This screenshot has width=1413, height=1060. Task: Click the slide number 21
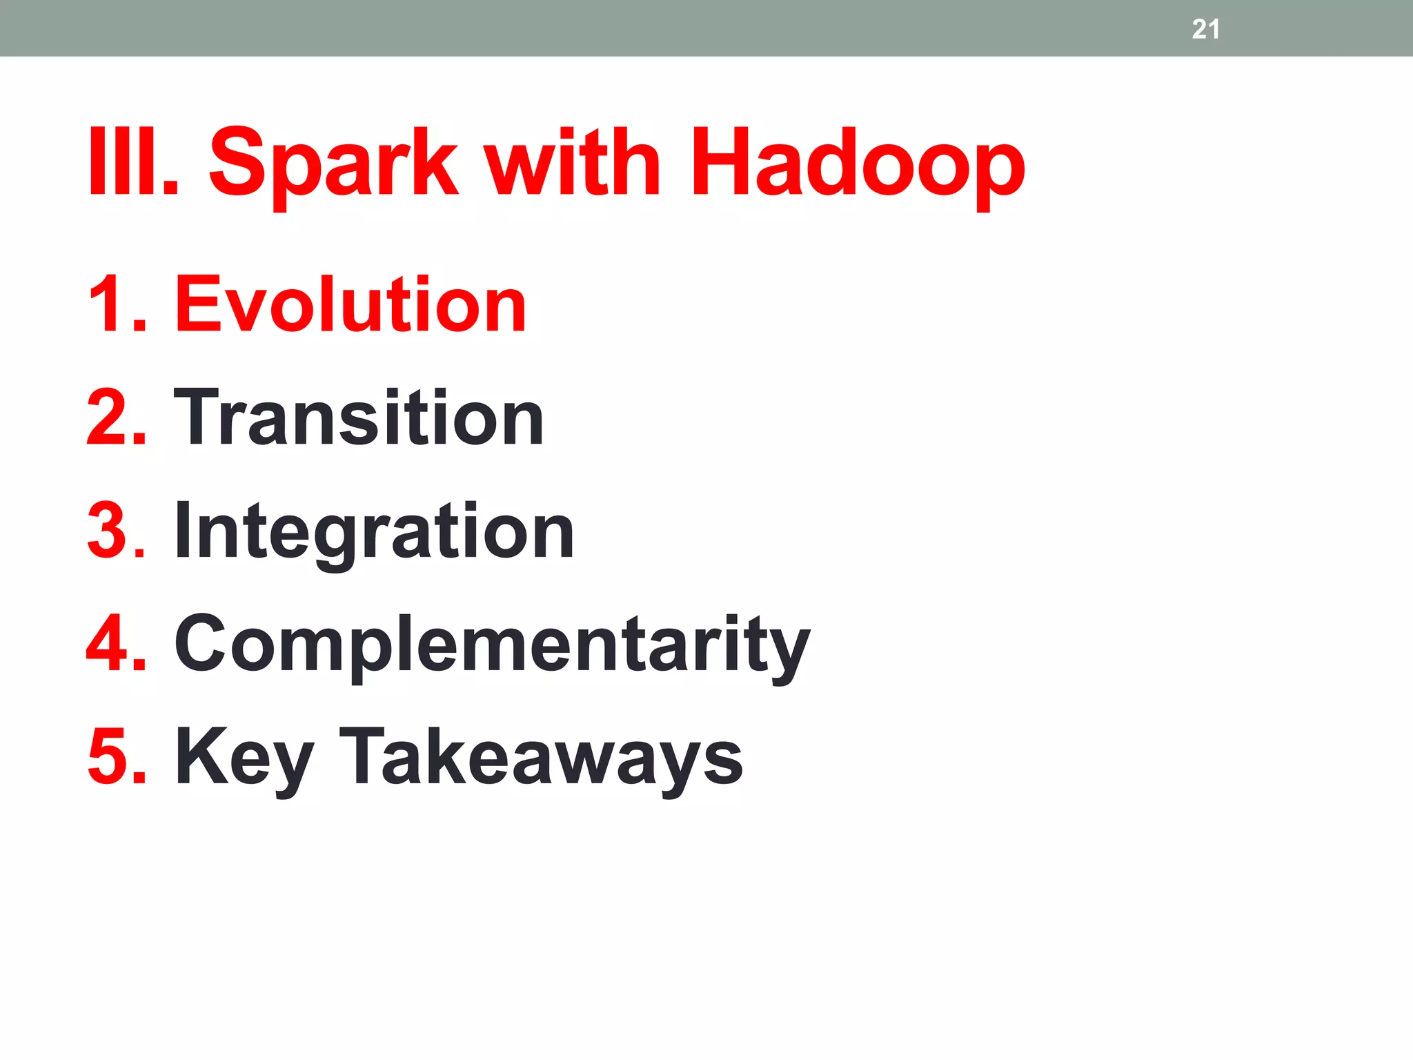point(1205,29)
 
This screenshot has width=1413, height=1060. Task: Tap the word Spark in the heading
point(333,166)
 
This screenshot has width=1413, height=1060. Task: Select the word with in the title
point(572,163)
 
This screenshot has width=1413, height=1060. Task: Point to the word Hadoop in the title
point(858,166)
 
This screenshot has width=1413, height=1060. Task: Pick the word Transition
point(359,418)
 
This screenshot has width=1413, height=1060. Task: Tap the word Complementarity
point(492,645)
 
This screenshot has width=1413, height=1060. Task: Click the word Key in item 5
point(245,759)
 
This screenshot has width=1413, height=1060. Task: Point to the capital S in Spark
point(239,163)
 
